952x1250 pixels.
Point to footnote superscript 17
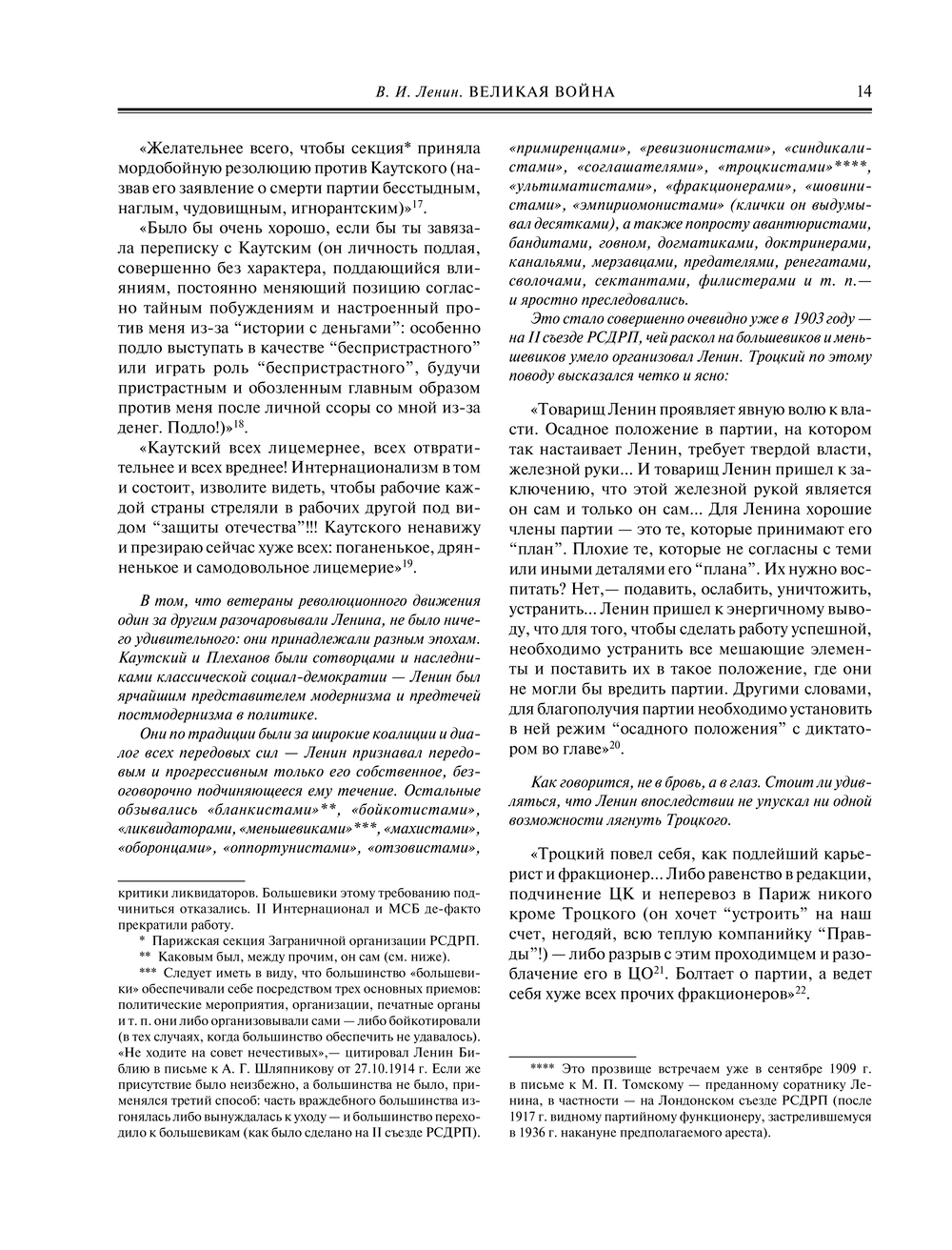tap(418, 202)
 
